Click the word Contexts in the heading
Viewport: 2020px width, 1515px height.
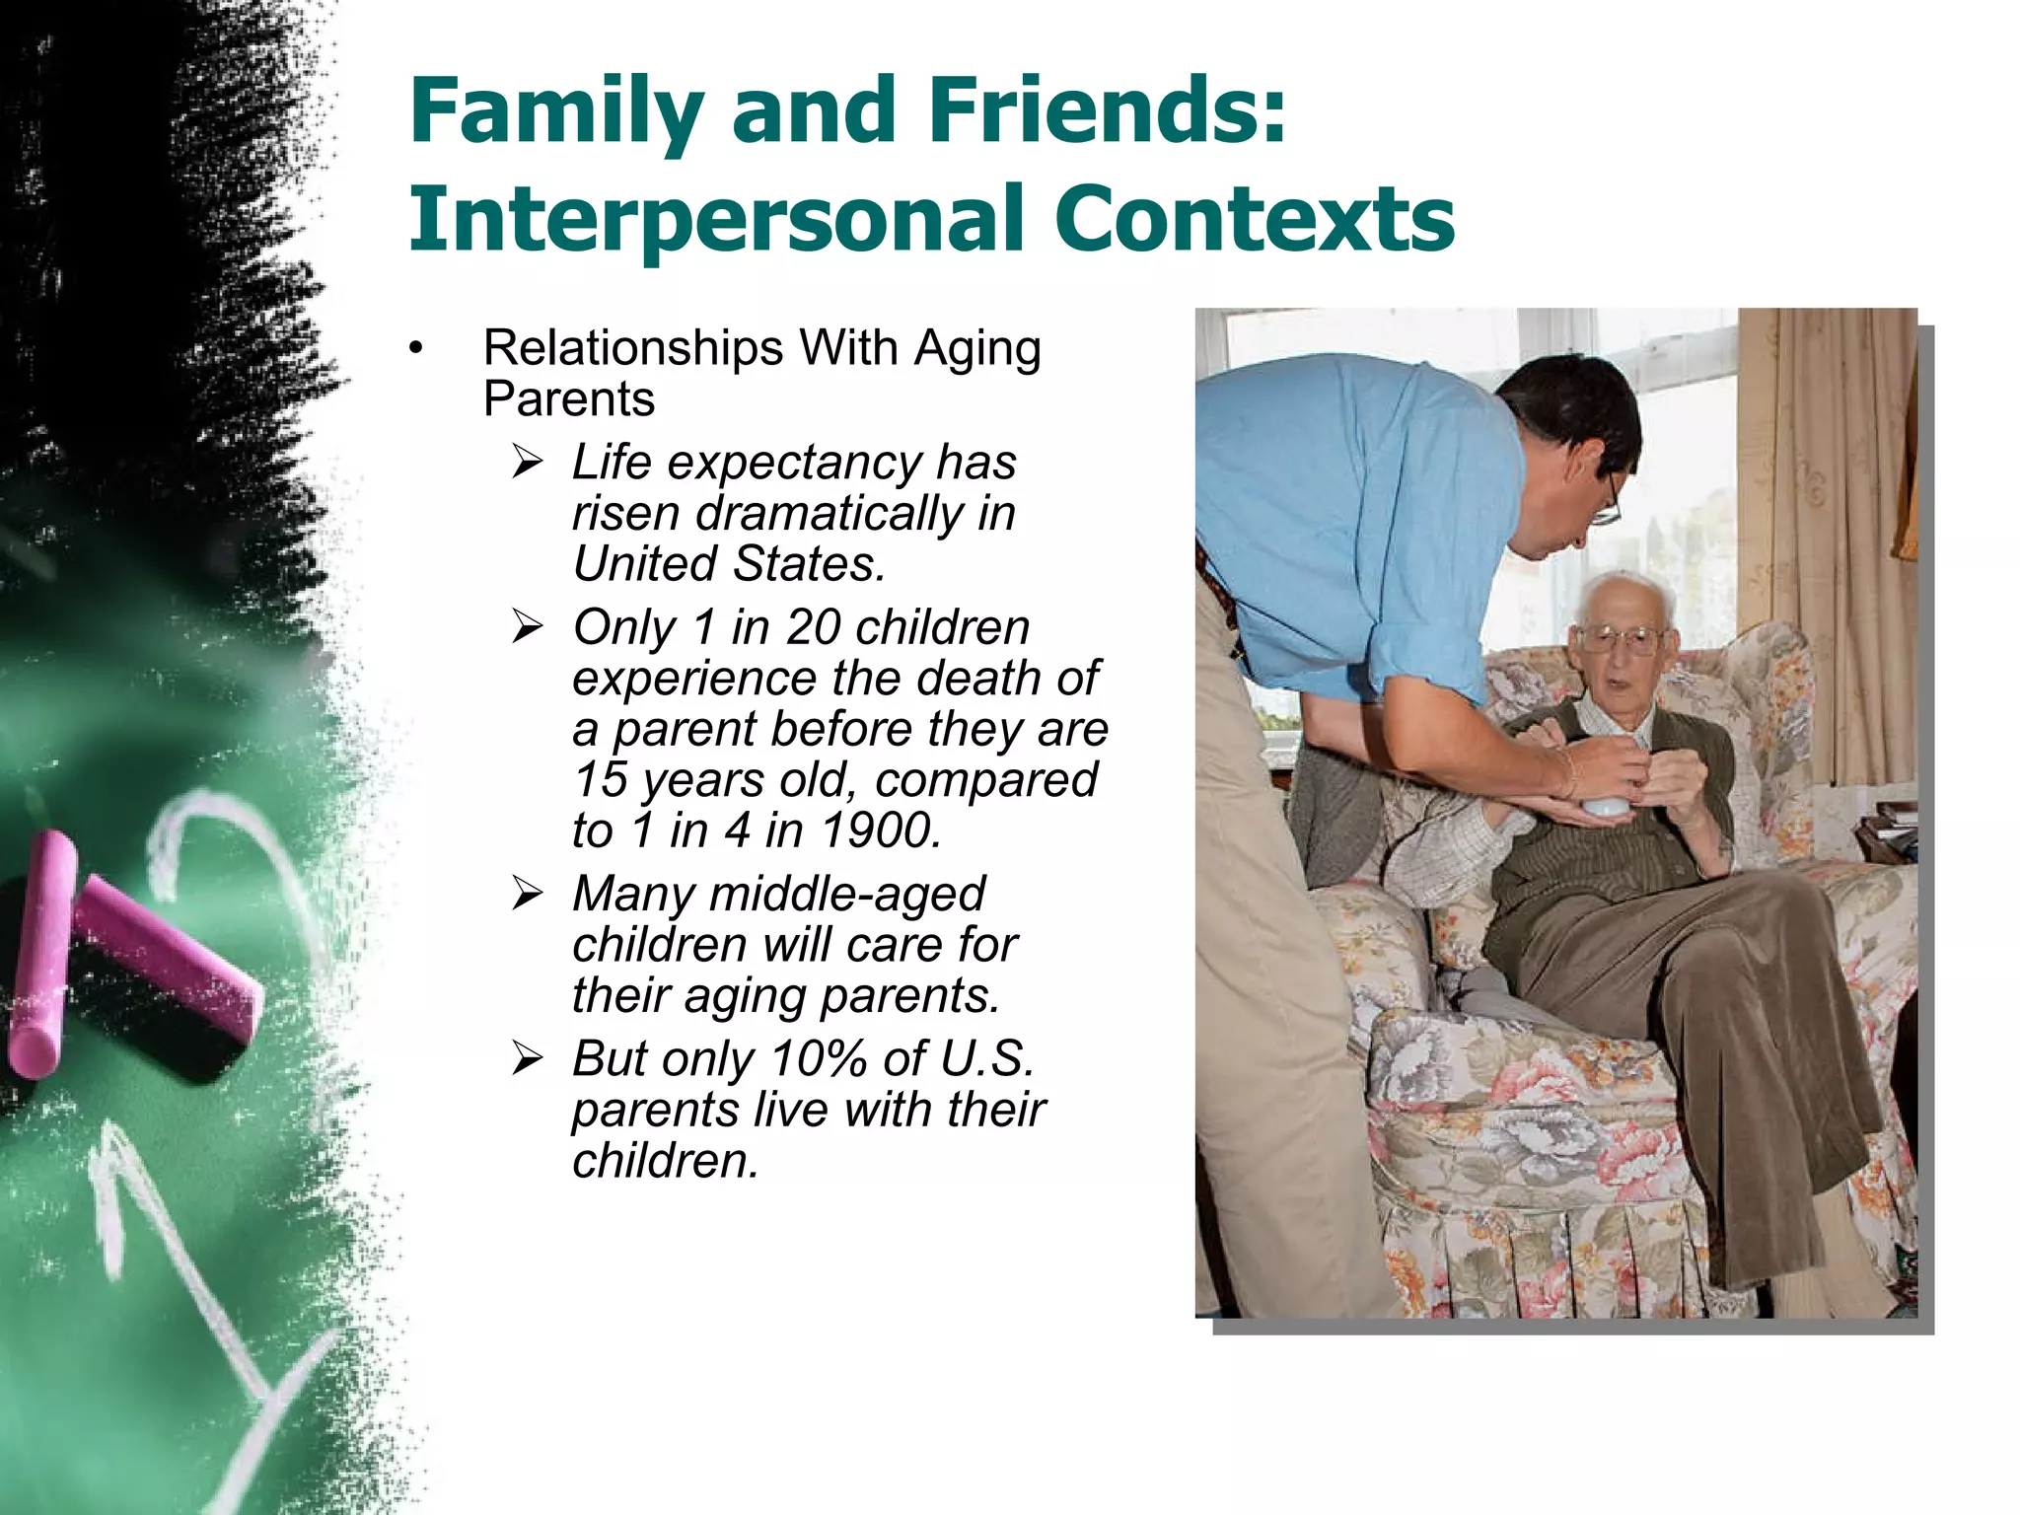[x=1254, y=219]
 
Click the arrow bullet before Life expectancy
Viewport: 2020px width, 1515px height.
[x=528, y=462]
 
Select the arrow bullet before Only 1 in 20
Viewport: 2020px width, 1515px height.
[x=528, y=626]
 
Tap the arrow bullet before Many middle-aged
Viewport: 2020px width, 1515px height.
[x=528, y=894]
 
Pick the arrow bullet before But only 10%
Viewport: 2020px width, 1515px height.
[x=528, y=1058]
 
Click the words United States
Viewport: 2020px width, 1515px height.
[x=728, y=565]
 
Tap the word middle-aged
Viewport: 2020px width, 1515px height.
[x=846, y=895]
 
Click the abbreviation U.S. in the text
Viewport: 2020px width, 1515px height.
[x=986, y=1059]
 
